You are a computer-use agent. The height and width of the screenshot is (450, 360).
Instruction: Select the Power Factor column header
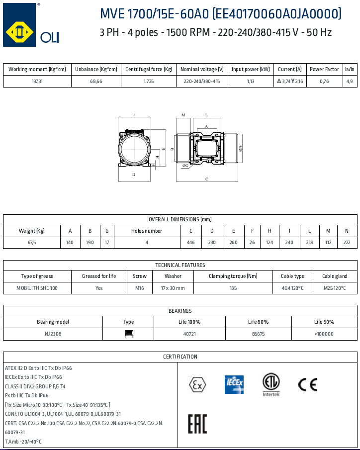point(324,69)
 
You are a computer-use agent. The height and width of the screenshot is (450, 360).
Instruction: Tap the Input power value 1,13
point(251,81)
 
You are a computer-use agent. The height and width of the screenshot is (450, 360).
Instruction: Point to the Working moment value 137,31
point(37,81)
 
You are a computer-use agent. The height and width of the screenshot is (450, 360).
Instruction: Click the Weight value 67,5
point(32,243)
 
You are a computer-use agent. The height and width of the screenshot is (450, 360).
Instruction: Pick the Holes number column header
point(146,231)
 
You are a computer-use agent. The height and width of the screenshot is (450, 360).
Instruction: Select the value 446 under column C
point(190,243)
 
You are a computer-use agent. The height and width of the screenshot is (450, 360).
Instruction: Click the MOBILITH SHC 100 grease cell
point(37,288)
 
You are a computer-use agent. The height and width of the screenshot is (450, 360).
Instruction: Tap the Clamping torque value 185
point(233,288)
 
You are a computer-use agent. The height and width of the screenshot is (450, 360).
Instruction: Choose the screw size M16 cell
point(140,288)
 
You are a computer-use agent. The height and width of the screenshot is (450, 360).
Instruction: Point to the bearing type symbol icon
point(128,334)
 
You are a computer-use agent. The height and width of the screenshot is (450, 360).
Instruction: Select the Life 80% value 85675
point(258,334)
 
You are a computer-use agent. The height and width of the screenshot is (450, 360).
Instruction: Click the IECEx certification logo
point(234,384)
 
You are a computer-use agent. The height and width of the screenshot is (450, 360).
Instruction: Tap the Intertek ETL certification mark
point(271,384)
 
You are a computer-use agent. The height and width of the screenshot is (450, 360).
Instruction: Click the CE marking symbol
point(307,384)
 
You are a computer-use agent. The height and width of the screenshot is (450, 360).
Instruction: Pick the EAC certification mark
point(197,423)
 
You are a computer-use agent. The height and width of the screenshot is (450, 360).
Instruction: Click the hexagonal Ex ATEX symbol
point(197,384)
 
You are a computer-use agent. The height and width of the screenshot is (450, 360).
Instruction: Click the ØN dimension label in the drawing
point(240,148)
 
